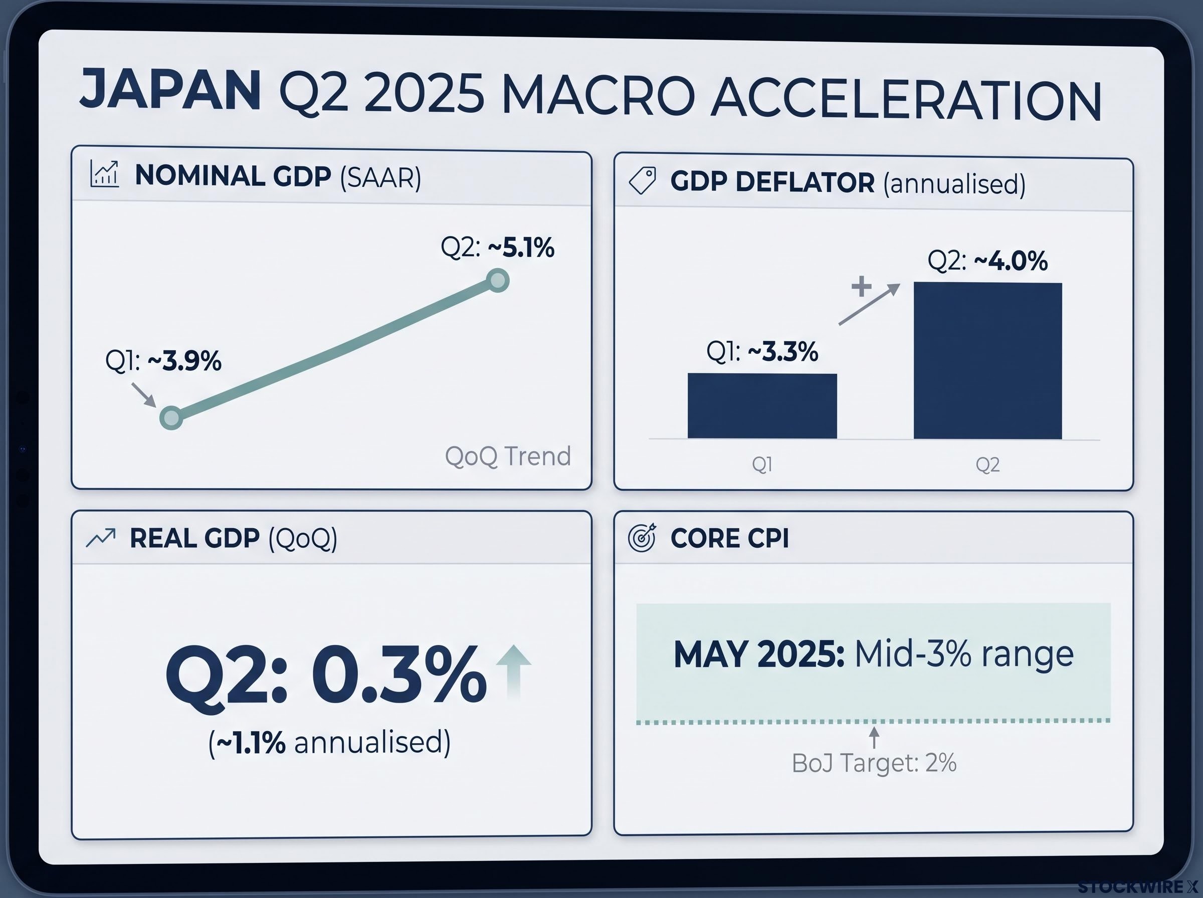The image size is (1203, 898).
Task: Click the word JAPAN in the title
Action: tap(170, 89)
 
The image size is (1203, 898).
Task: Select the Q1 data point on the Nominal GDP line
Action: tap(171, 417)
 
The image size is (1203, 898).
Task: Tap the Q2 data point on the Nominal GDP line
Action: tap(497, 281)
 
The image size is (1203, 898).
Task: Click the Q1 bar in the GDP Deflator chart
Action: tap(762, 405)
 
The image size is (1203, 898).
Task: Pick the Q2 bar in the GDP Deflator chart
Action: tap(988, 360)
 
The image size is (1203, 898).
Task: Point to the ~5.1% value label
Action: tap(521, 248)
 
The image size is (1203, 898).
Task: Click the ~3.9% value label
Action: tap(184, 360)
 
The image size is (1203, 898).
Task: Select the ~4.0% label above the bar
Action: tap(1011, 261)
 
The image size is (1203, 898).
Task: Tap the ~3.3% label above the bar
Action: tap(783, 352)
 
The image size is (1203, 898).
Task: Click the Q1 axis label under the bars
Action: tap(762, 464)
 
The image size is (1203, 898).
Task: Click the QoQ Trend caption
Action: tap(508, 456)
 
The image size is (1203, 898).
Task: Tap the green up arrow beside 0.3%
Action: tap(514, 671)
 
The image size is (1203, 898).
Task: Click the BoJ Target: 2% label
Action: tap(874, 763)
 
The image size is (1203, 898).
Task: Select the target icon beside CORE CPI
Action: tap(642, 538)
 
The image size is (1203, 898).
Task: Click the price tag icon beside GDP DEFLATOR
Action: tap(642, 180)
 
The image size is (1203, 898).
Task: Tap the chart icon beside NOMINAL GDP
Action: tap(104, 174)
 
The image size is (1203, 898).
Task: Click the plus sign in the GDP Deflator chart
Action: tap(862, 286)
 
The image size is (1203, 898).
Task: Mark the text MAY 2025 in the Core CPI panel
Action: tap(759, 654)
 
